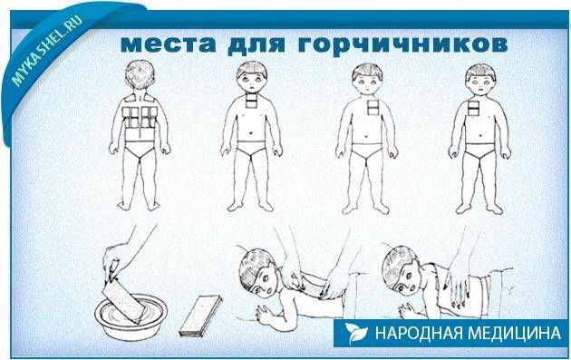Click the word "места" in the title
click(168, 44)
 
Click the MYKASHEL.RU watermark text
click(47, 50)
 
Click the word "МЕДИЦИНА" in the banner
click(514, 333)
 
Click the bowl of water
click(131, 320)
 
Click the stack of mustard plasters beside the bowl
click(200, 316)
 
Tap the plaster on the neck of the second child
click(251, 100)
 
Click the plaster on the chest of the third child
click(373, 107)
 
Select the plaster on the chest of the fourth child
click(473, 108)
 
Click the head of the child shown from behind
click(140, 76)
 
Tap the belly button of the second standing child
click(251, 132)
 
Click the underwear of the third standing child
click(367, 151)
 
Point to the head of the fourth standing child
click(480, 81)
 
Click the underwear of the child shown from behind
click(140, 149)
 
